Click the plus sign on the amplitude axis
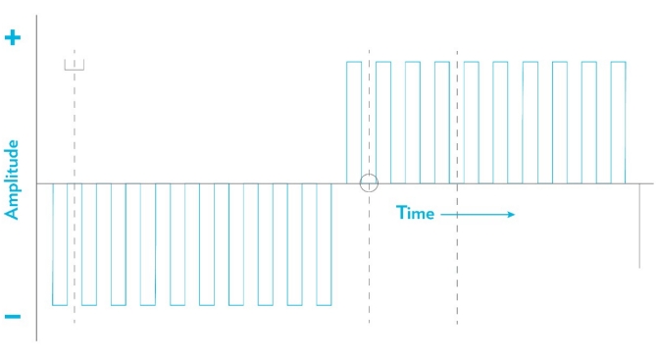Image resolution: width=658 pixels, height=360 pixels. click(13, 39)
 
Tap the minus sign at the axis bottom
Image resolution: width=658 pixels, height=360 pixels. click(13, 316)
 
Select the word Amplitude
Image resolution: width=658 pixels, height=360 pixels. click(13, 179)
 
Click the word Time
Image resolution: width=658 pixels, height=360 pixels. click(416, 213)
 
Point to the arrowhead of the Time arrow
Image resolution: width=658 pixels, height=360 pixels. click(511, 214)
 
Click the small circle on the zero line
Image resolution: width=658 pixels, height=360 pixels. click(369, 182)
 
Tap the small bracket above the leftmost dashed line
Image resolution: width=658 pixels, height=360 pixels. click(75, 65)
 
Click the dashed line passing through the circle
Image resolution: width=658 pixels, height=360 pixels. click(369, 265)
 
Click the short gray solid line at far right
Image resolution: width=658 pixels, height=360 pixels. click(639, 226)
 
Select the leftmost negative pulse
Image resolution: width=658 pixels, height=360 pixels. click(60, 245)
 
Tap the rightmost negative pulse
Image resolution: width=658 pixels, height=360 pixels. click(325, 245)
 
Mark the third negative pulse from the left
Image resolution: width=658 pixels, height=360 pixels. click(119, 245)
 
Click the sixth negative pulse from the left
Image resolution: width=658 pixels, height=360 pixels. click(207, 245)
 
